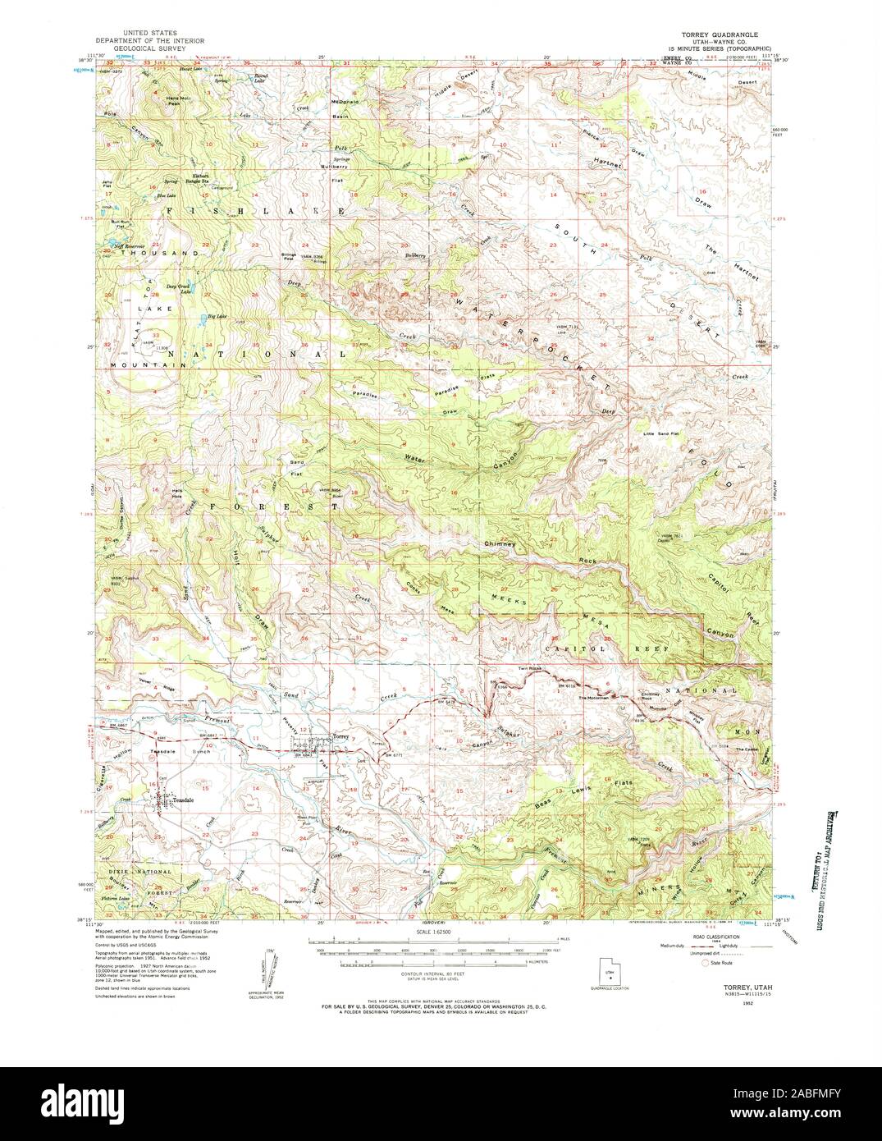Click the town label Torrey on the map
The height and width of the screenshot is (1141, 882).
click(340, 736)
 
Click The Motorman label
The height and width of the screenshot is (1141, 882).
click(593, 698)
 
